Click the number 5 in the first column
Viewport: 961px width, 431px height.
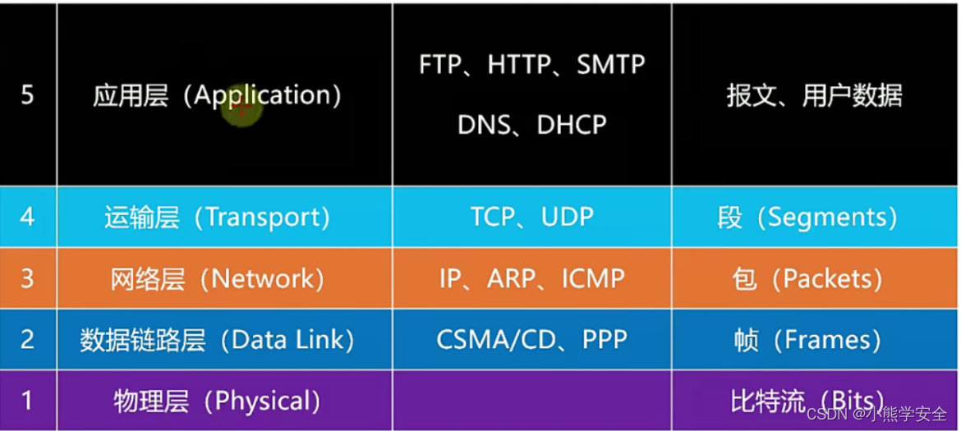point(27,95)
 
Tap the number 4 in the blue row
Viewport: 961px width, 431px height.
point(27,218)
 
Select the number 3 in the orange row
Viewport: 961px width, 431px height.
point(27,279)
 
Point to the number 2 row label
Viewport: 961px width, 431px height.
point(27,340)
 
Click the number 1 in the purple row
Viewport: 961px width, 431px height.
point(27,401)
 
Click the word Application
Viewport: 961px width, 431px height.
point(262,96)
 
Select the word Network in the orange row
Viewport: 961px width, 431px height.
point(263,279)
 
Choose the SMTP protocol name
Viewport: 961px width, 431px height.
point(611,65)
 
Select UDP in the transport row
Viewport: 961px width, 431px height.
point(568,218)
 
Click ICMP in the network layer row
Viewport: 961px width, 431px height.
point(593,279)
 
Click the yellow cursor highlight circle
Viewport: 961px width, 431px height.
point(241,108)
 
